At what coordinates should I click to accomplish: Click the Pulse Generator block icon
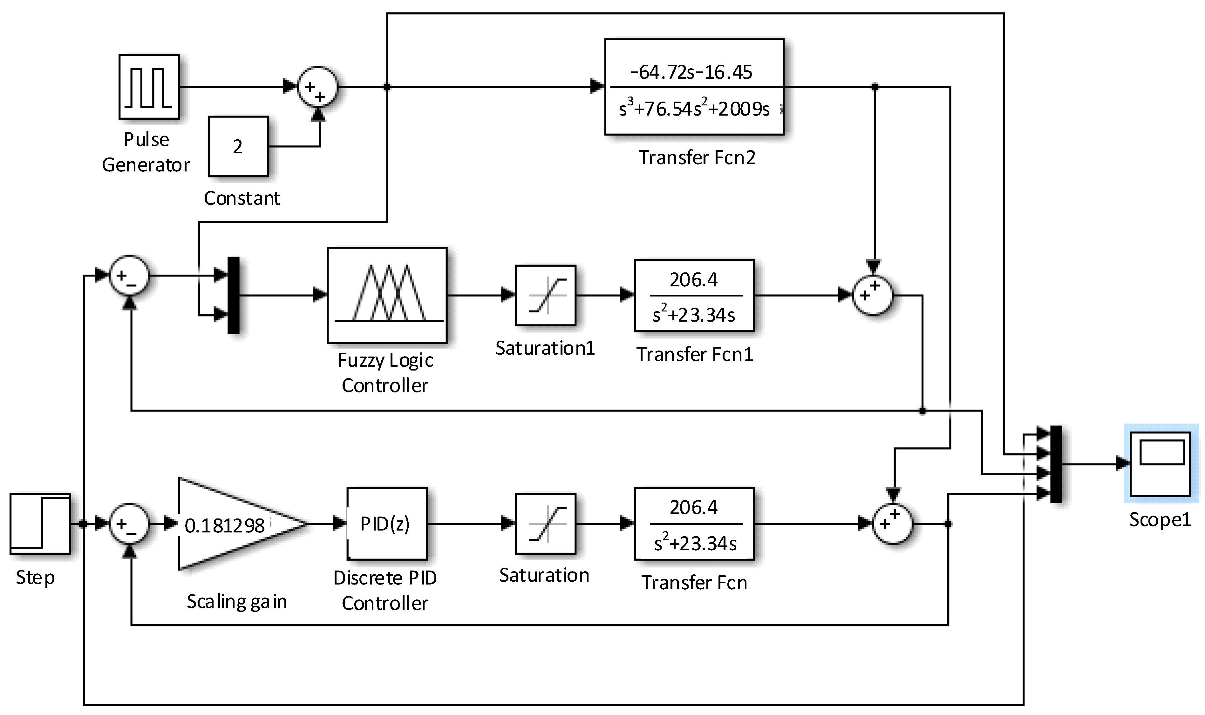(x=149, y=87)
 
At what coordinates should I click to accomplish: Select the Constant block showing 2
(x=238, y=146)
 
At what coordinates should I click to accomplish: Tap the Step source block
(x=40, y=524)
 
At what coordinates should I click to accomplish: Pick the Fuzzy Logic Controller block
(x=387, y=295)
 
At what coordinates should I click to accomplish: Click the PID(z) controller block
(x=387, y=524)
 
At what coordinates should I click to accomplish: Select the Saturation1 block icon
(x=545, y=295)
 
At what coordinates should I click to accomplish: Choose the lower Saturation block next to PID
(x=545, y=524)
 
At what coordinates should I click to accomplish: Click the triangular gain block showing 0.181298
(x=231, y=524)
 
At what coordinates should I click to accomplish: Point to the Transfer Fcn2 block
(x=694, y=87)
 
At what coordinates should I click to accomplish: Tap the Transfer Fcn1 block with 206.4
(x=694, y=295)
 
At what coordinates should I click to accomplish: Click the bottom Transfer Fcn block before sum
(x=694, y=524)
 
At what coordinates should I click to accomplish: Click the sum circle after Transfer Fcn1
(x=873, y=295)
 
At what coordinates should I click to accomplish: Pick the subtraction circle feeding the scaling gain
(x=129, y=524)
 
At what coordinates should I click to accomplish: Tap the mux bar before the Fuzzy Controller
(x=233, y=295)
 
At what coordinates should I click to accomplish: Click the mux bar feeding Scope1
(x=1056, y=464)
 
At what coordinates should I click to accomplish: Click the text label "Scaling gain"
(x=236, y=602)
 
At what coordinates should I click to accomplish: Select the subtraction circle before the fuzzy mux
(x=129, y=276)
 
